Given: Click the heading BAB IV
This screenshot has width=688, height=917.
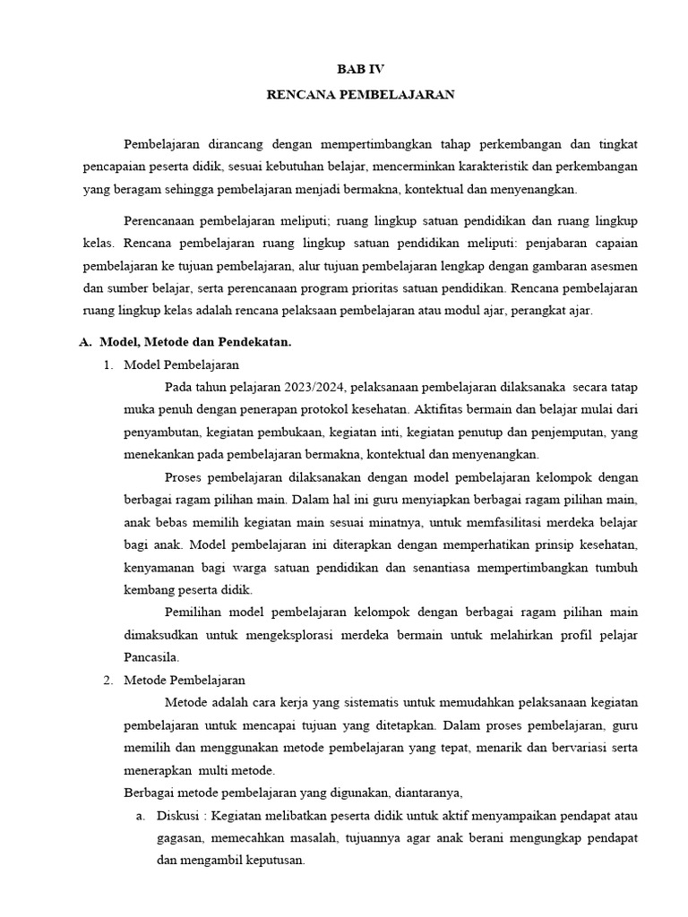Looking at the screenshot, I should (360, 69).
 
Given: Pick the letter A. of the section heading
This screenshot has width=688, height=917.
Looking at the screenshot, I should (86, 342).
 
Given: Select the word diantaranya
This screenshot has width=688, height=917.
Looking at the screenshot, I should (423, 793).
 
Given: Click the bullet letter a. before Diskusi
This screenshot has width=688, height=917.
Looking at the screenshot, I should (140, 816).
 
